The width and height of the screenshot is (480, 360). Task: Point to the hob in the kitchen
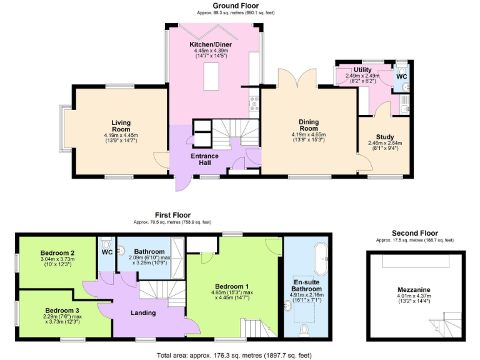point(254,102)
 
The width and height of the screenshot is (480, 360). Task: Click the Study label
point(384,137)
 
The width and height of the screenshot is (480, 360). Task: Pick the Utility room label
point(362,69)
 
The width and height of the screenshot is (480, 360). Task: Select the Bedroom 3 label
point(62,309)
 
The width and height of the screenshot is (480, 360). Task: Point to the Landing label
point(143,313)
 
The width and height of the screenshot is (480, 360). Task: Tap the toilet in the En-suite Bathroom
point(305,329)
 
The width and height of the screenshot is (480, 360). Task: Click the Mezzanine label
point(415,289)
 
